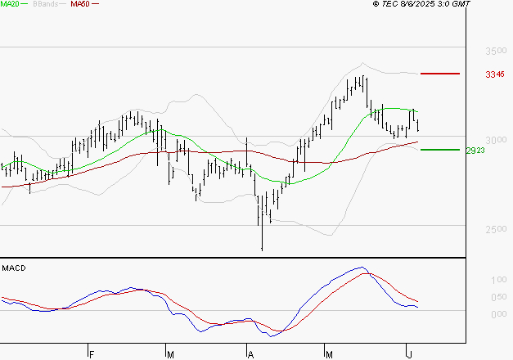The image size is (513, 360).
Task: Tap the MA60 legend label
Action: [80, 4]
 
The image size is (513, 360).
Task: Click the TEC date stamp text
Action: [422, 4]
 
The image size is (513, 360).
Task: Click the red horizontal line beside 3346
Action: [440, 74]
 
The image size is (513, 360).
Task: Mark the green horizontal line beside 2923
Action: [440, 150]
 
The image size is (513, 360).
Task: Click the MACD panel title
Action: [13, 268]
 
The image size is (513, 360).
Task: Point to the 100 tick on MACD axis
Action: [496, 281]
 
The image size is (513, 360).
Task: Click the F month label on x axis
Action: [92, 354]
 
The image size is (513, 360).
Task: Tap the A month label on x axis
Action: [251, 354]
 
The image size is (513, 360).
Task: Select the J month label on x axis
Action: [409, 354]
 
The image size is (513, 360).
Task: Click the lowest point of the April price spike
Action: [262, 250]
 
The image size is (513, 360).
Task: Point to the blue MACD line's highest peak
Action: [360, 268]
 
